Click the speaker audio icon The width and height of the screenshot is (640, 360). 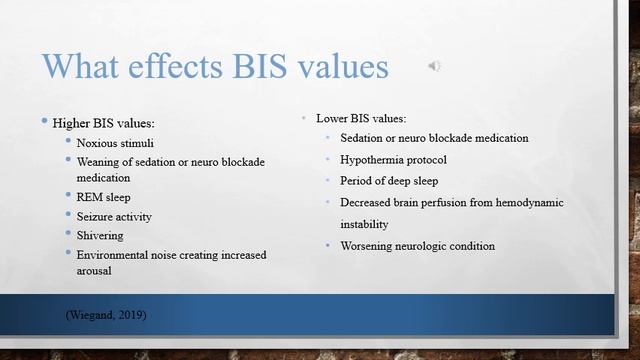434,66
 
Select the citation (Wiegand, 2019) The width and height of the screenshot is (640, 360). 106,315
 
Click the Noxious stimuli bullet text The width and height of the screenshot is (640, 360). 115,143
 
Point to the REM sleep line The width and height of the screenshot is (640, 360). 103,196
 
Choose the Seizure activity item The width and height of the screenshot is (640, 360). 115,216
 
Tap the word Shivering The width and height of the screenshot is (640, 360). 100,235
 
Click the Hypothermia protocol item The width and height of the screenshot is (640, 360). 393,159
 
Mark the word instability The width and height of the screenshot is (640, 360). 370,224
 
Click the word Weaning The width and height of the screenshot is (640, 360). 99,162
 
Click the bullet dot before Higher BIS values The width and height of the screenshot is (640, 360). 44,122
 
